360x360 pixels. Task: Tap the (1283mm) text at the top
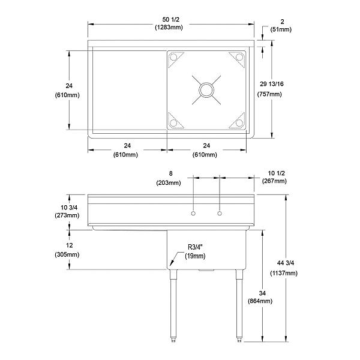point(170,28)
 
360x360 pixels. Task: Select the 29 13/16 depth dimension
point(269,85)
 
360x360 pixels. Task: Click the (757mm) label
point(269,94)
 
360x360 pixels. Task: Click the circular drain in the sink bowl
point(206,89)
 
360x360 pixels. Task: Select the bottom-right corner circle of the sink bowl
point(238,122)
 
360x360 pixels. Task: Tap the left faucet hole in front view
point(193,213)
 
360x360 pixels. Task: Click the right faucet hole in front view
point(220,213)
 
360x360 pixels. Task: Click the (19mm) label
point(196,256)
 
